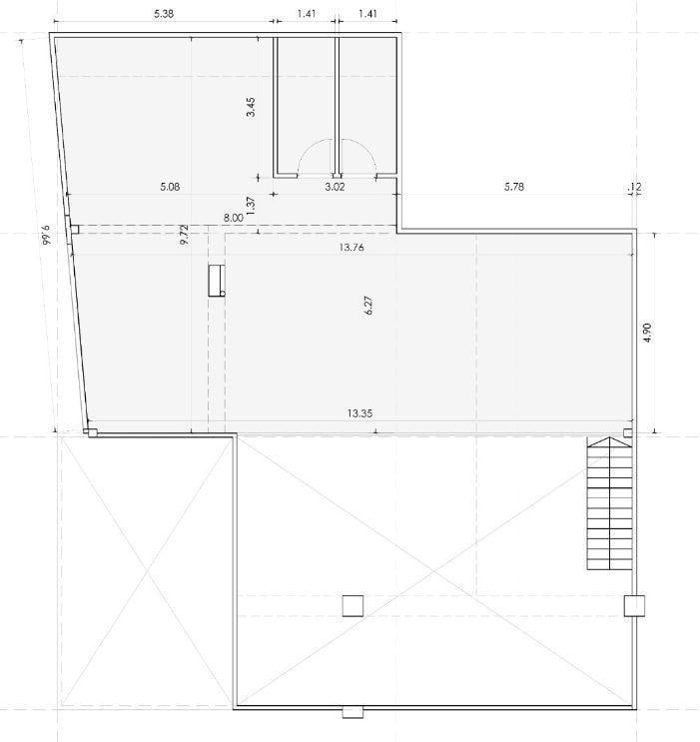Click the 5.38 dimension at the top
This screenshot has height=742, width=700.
coord(164,14)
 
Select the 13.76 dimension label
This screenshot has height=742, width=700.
coord(351,247)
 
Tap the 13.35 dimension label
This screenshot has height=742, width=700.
coord(359,413)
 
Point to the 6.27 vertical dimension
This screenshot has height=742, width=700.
coord(369,306)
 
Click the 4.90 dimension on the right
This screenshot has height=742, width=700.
coord(648,333)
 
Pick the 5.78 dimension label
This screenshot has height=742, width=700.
coord(514,187)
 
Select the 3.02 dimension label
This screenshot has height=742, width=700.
coord(335,187)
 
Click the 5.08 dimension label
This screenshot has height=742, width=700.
coord(170,187)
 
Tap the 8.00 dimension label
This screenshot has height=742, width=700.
coord(234,218)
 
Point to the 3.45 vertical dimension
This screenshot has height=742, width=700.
coord(251,107)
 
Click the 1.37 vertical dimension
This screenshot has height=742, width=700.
coord(251,206)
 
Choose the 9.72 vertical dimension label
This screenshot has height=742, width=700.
coord(185,235)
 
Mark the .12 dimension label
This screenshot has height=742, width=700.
coord(635,187)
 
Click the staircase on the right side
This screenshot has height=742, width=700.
coord(609,503)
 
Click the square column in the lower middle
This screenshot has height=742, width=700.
coord(352,606)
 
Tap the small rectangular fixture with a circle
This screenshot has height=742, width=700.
coord(217,281)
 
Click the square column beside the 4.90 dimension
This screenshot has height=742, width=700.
coord(627,432)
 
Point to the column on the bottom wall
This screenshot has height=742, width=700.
coord(352,712)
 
